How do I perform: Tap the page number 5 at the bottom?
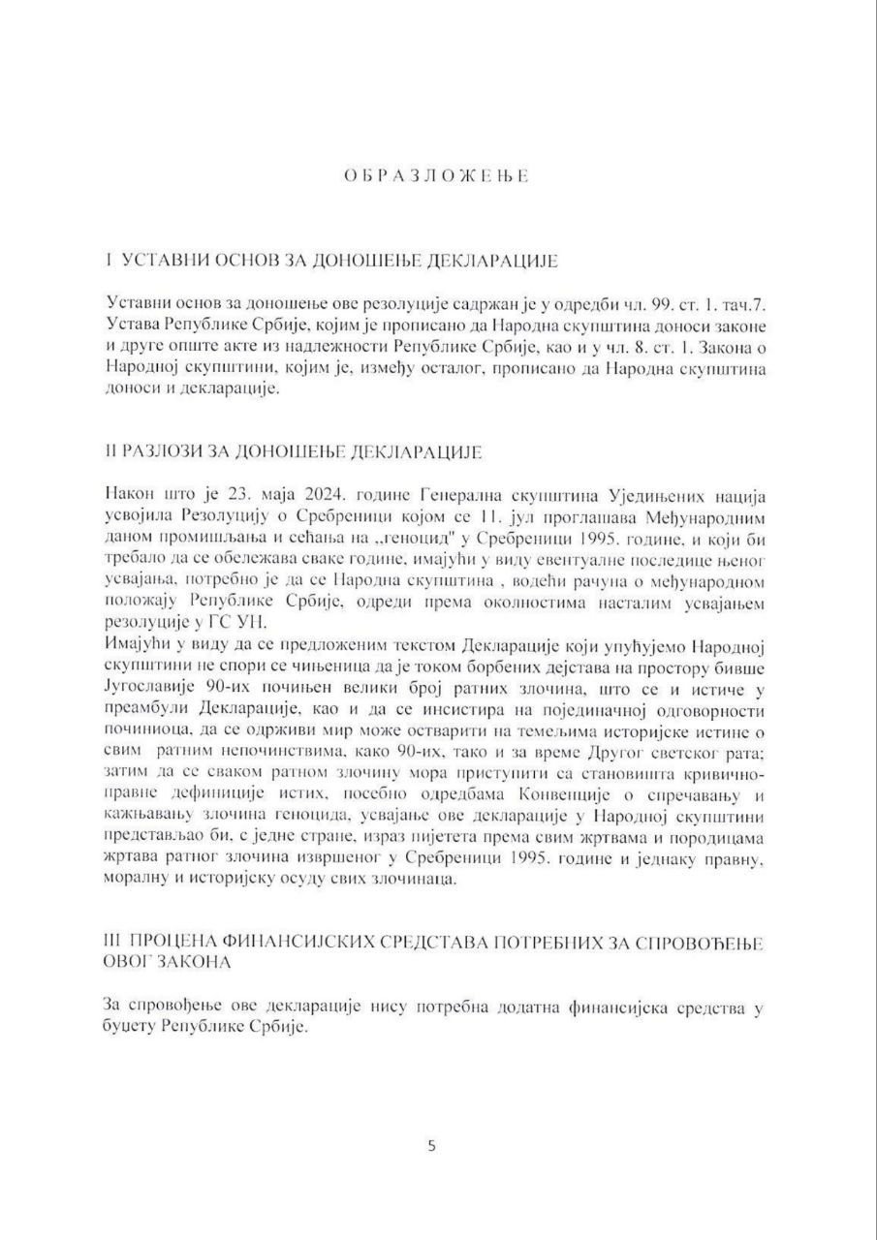432,1145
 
